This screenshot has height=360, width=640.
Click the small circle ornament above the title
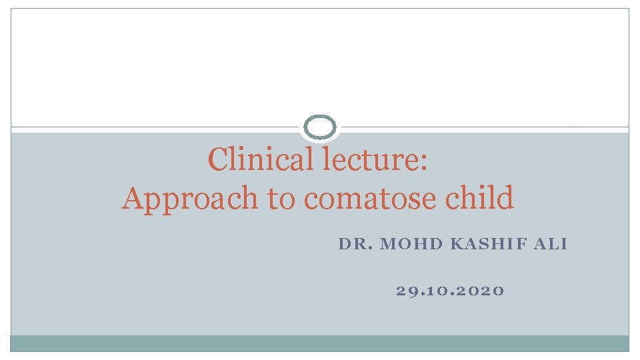(321, 127)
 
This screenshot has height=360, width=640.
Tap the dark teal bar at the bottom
(320, 343)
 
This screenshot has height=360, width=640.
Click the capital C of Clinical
(218, 159)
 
